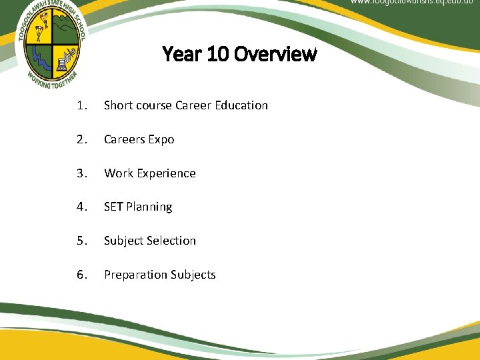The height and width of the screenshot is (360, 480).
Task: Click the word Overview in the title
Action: (277, 54)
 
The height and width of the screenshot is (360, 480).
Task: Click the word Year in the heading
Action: (183, 54)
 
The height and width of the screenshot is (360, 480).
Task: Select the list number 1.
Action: (80, 105)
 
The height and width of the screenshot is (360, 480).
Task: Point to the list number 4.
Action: (81, 207)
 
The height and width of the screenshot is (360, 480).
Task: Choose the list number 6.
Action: (81, 275)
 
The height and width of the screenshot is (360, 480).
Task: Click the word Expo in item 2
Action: (162, 139)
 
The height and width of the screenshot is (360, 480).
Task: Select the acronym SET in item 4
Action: (113, 207)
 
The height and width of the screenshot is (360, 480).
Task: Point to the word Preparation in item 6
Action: (135, 275)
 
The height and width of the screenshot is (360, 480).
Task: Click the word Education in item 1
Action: (241, 105)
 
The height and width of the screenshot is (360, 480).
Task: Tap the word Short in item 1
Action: (118, 105)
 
